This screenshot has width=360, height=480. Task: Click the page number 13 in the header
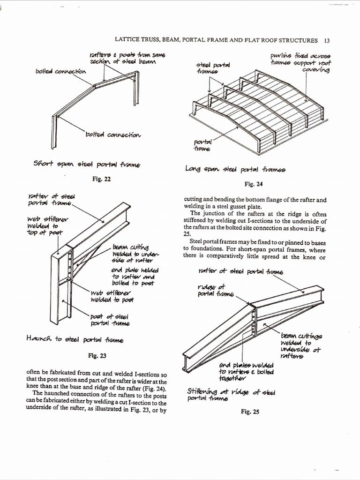327,40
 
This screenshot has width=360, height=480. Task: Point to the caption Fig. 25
250,412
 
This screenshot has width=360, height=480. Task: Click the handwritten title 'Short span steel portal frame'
87,164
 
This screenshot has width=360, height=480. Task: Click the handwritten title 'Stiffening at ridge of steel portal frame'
231,395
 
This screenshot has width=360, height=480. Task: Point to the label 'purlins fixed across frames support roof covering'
300,62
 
